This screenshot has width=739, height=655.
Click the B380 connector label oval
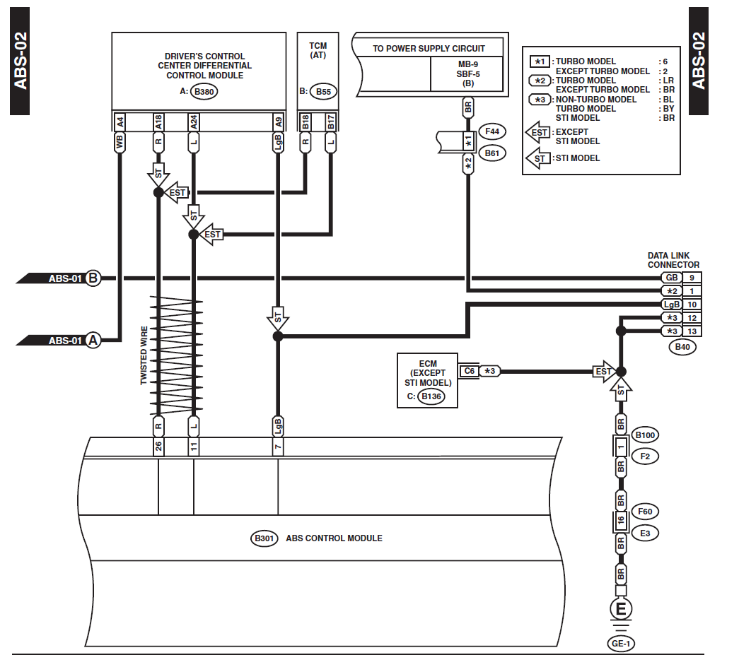click(206, 92)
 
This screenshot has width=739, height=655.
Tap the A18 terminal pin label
click(158, 122)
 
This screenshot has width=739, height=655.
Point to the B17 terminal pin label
click(330, 122)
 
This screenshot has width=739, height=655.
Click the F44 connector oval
click(492, 131)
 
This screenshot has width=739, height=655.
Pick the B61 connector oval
click(492, 153)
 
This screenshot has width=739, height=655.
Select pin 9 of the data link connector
click(692, 278)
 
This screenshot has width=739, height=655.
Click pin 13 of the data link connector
click(692, 331)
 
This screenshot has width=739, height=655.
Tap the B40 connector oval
click(682, 347)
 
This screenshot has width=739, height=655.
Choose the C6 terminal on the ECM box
click(468, 371)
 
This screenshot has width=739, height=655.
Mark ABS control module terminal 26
click(158, 447)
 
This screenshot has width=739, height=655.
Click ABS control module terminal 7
click(278, 447)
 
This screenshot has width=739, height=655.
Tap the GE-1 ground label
click(622, 643)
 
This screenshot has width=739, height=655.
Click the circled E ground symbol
click(621, 609)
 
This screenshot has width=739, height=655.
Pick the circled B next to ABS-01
click(93, 278)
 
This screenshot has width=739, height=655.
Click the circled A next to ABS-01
click(93, 341)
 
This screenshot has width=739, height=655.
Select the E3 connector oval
click(645, 533)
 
